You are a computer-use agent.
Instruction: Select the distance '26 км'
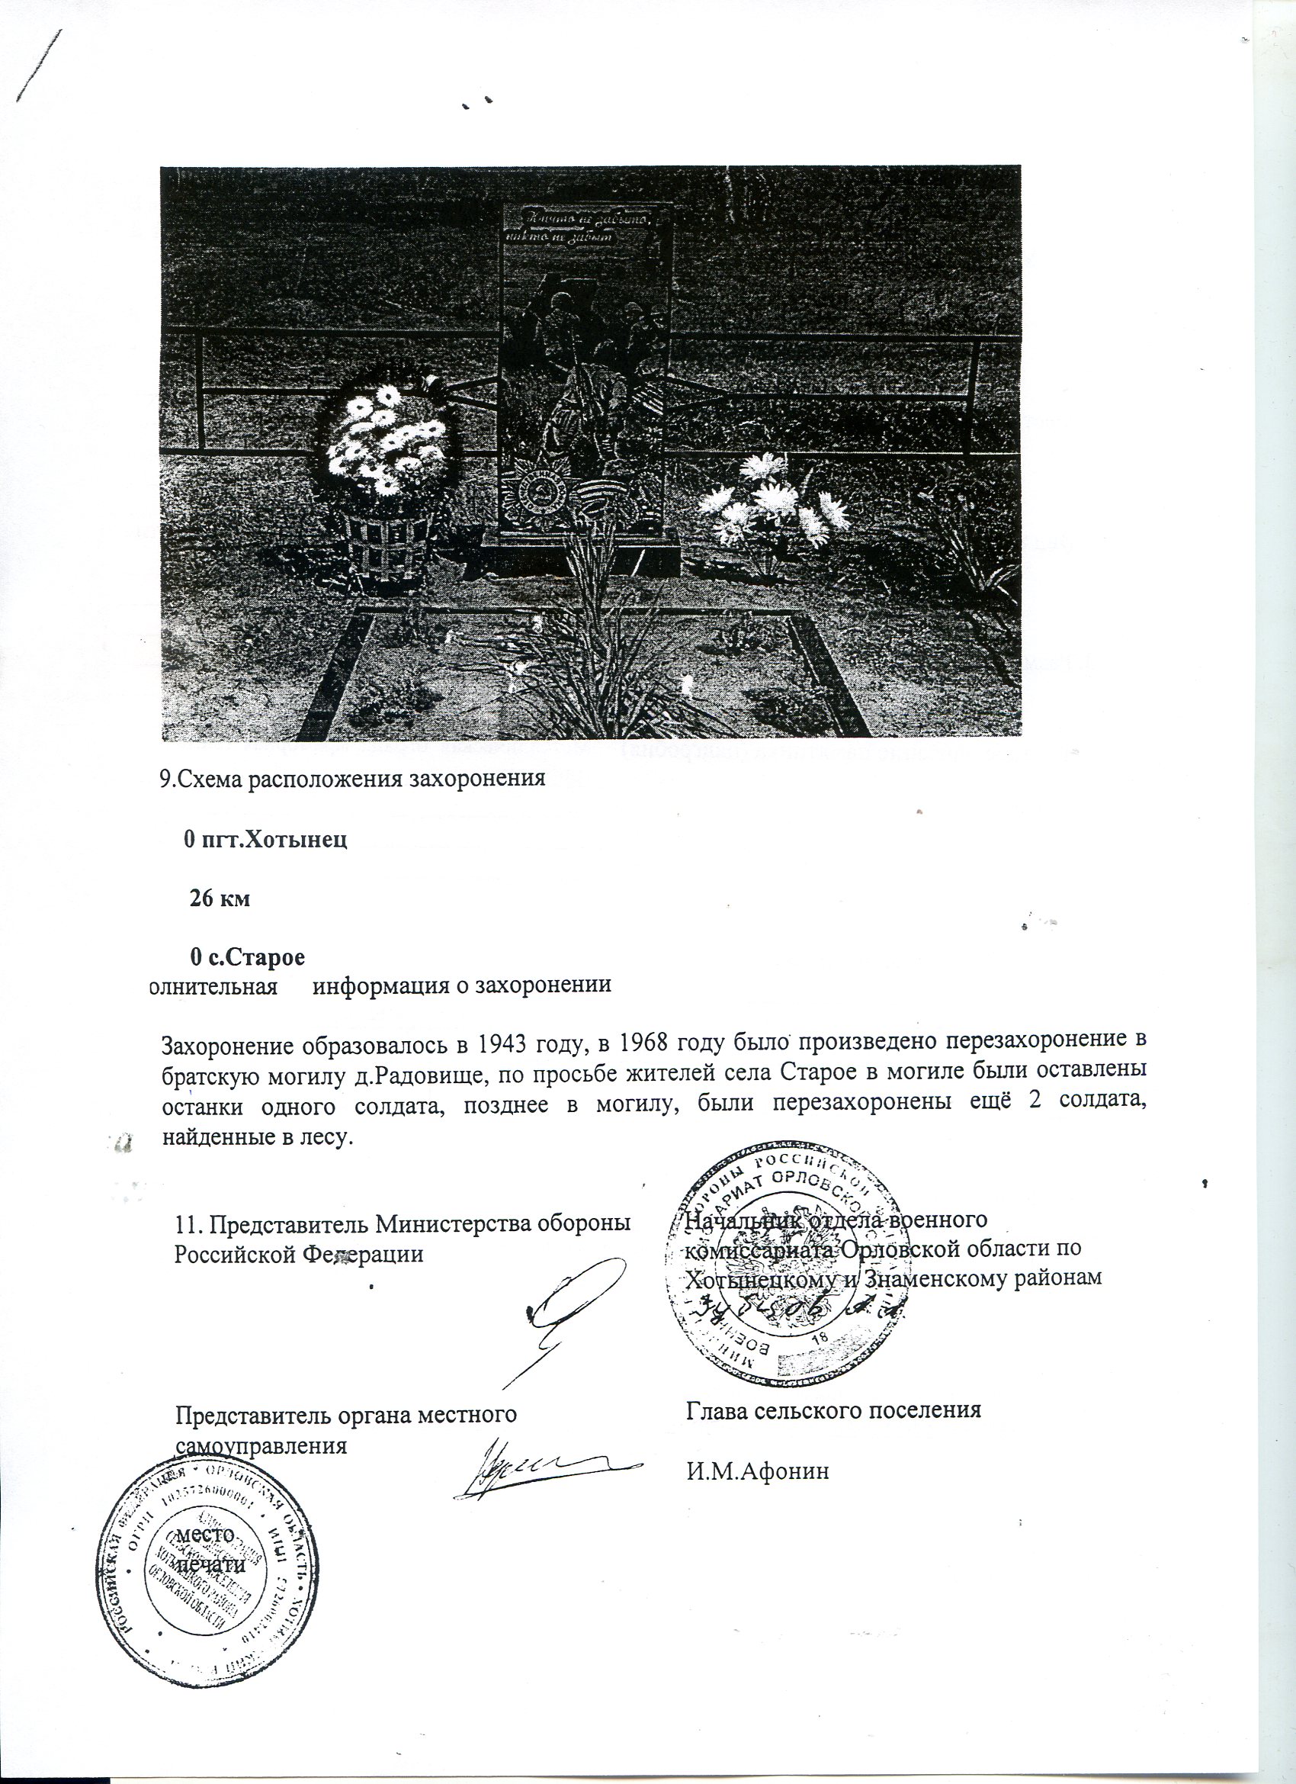pyautogui.click(x=220, y=898)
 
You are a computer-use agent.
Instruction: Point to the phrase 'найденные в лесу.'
pyautogui.click(x=253, y=1136)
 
